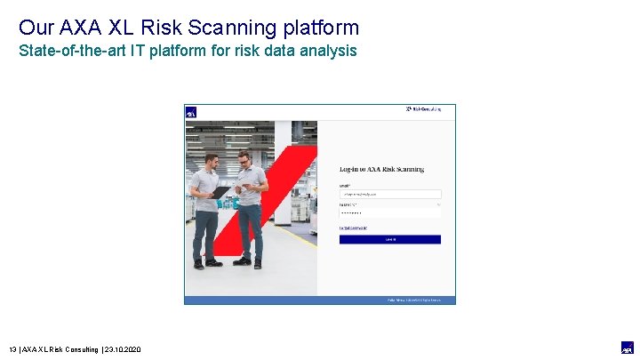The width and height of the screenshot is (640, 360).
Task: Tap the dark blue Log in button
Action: click(x=390, y=239)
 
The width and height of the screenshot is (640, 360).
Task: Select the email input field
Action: click(x=390, y=194)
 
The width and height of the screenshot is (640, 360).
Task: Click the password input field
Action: click(x=390, y=213)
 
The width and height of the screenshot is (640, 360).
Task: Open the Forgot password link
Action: click(x=352, y=228)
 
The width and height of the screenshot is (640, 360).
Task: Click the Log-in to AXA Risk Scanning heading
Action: click(x=381, y=169)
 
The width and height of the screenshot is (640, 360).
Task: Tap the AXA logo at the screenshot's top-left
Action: click(x=190, y=112)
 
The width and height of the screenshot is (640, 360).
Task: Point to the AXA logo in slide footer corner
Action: click(x=627, y=348)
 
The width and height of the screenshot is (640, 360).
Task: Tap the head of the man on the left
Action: click(x=211, y=160)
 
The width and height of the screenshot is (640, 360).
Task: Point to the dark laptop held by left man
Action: click(x=220, y=192)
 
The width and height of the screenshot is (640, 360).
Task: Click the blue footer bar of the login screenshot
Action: click(x=319, y=300)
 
